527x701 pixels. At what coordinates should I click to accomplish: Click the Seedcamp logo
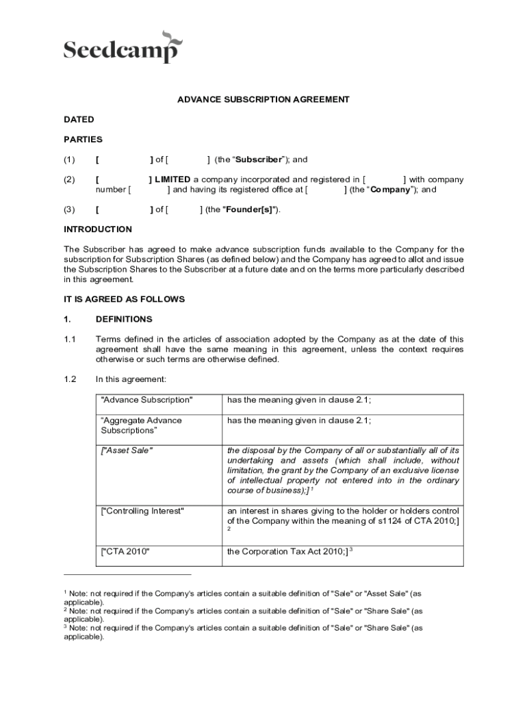pos(123,47)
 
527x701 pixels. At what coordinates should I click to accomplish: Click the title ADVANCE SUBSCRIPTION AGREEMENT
pos(263,99)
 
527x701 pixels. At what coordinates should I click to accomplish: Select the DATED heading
pos(79,119)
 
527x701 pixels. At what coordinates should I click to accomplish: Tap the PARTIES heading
pos(83,139)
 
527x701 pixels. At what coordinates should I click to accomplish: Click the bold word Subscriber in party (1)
pos(259,160)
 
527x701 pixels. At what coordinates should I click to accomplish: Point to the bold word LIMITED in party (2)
pos(172,179)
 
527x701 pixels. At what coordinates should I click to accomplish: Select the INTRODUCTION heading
pos(98,229)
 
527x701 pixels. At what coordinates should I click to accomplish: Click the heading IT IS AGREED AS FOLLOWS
pos(124,299)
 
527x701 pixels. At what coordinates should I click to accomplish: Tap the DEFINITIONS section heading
pos(124,319)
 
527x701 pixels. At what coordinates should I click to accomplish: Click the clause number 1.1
pos(70,339)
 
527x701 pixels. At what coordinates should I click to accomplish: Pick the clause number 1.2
pos(70,379)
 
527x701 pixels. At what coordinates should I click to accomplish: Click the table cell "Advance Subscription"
pos(146,400)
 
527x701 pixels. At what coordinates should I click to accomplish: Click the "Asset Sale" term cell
pos(127,450)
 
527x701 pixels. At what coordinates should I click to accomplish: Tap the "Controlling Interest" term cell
pos(142,511)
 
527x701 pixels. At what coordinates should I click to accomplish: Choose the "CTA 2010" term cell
pos(125,551)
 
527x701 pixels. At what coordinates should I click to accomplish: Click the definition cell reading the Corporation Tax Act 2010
pos(287,551)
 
